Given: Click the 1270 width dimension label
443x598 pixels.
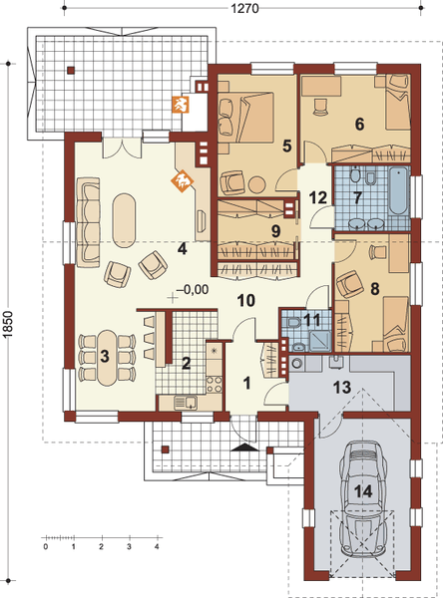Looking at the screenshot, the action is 244,8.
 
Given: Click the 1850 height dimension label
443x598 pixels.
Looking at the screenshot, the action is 8,325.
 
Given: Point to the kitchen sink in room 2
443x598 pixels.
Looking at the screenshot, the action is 186,403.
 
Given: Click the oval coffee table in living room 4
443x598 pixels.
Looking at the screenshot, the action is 124,221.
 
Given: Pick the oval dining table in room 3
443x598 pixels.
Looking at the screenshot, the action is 108,358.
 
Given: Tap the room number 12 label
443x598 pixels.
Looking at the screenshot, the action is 317,197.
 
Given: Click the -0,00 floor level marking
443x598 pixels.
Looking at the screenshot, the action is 194,290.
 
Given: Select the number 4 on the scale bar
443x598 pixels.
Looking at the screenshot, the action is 157,546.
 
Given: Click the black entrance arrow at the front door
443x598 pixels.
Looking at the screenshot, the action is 244,447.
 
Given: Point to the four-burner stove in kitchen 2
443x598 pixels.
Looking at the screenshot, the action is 215,384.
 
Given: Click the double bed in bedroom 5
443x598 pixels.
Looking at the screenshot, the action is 245,117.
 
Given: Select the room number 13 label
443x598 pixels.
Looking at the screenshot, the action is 342,388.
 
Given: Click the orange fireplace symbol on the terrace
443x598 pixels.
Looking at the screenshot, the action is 180,105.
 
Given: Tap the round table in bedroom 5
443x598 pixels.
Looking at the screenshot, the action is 256,184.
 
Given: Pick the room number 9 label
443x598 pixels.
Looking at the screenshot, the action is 275,231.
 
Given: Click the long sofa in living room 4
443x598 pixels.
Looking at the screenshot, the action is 88,222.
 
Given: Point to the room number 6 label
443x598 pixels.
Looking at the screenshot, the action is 359,124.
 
